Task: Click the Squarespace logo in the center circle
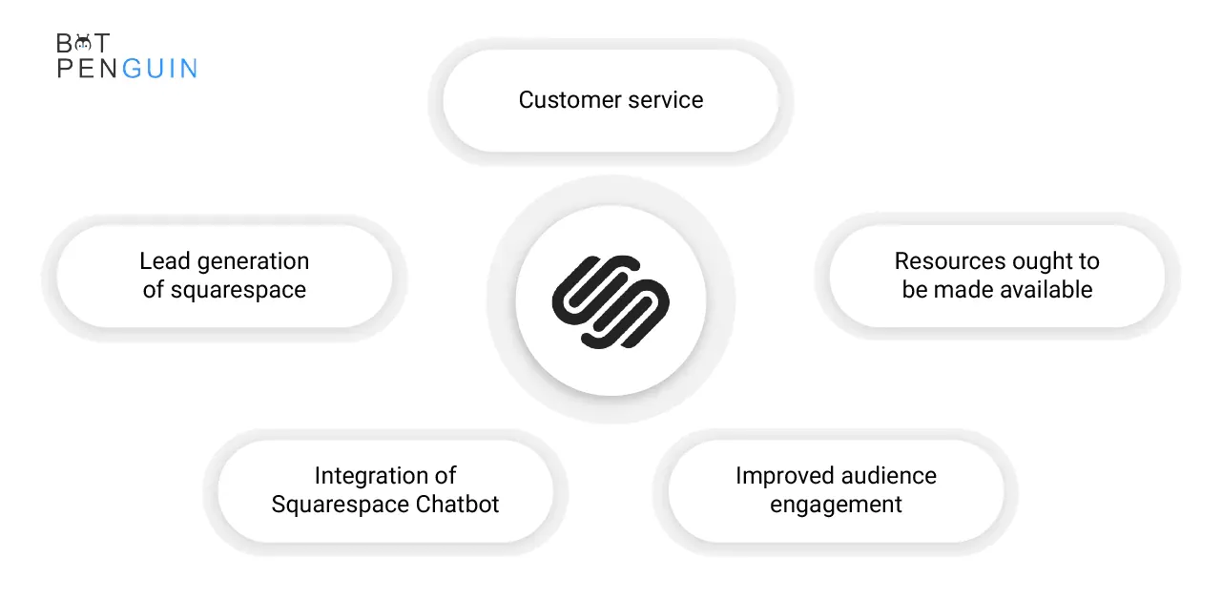[x=611, y=301]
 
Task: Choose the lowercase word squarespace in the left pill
[x=238, y=291]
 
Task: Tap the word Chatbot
[x=457, y=504]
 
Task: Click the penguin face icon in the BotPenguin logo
[x=83, y=43]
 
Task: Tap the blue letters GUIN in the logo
[x=159, y=68]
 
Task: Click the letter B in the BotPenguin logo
[x=64, y=43]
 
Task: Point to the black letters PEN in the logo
[x=88, y=68]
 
